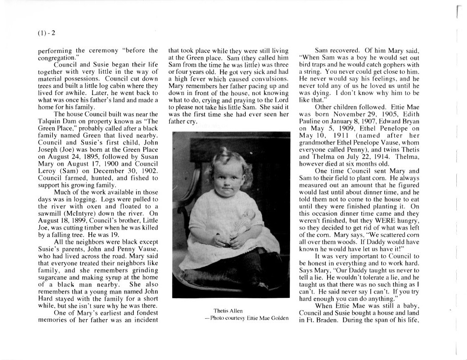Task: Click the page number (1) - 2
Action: point(46,32)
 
